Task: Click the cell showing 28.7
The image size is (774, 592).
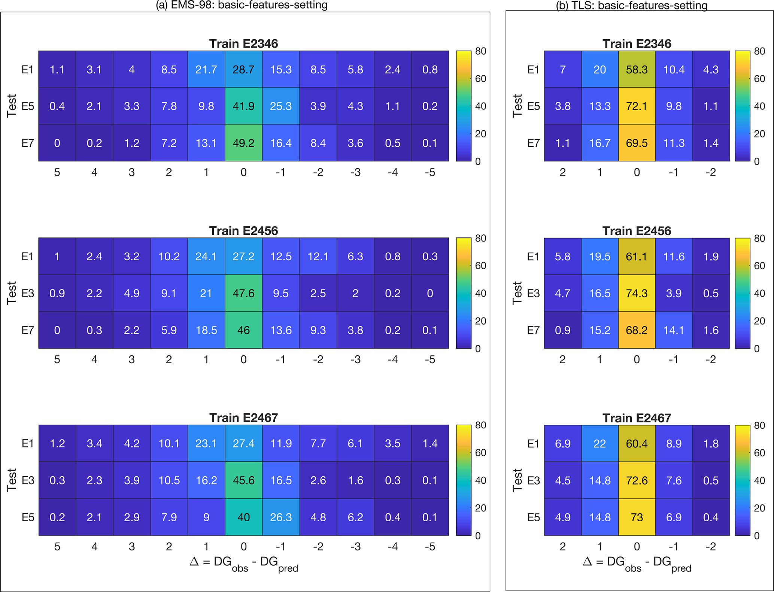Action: point(243,69)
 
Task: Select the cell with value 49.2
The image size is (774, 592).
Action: point(243,143)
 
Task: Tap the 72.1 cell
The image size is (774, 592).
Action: point(637,106)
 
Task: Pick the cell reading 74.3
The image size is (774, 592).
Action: point(637,293)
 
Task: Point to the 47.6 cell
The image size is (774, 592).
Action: point(243,293)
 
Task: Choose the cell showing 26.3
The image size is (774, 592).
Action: point(281,517)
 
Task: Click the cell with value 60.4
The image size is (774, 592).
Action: point(637,443)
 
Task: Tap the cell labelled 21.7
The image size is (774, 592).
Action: point(206,69)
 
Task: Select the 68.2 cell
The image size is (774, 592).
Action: point(637,330)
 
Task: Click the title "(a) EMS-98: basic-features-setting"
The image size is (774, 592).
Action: point(242,5)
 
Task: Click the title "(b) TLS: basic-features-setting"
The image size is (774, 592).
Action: point(632,6)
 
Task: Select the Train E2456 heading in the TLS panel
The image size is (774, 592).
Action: point(637,231)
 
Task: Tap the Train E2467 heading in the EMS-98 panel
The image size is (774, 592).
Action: point(243,418)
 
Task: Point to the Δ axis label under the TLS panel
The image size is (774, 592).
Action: point(637,564)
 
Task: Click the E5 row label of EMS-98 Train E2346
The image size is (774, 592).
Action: point(28,106)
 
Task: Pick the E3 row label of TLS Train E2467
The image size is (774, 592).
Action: point(533,480)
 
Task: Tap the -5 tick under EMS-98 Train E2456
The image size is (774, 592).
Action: point(430,359)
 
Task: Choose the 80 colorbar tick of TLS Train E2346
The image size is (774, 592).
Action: point(759,51)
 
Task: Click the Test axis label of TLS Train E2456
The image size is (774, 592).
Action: point(517,293)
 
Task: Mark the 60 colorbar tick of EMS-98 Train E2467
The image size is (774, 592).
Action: point(480,453)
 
